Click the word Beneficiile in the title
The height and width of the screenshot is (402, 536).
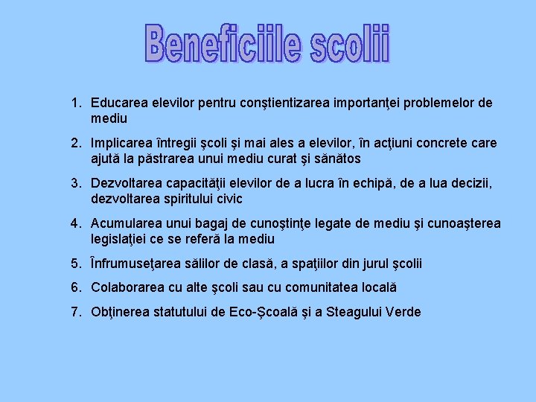pos(223,42)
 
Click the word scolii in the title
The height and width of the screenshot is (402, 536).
pos(349,42)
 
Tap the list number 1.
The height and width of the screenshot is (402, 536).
pos(75,103)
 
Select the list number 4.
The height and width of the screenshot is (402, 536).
pos(75,223)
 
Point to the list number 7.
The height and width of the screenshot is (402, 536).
pos(75,312)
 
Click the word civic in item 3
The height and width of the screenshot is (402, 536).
pos(228,199)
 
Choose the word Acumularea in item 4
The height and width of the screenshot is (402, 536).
pos(125,223)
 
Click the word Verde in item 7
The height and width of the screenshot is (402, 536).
pos(403,312)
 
